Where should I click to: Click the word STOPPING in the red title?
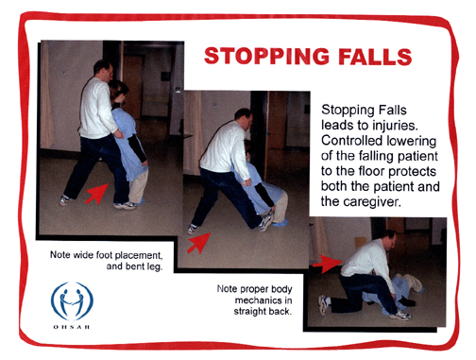266,56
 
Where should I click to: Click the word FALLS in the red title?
375,57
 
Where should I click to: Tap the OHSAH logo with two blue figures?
72,300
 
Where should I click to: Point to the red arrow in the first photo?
97,194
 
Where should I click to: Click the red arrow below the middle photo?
199,243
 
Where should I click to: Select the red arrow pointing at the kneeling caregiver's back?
328,264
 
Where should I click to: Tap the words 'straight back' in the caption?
263,312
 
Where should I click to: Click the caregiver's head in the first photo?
104,69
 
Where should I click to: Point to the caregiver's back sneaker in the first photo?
65,200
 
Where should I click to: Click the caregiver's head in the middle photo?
244,117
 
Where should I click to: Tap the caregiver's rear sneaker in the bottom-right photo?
324,304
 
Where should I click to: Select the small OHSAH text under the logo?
72,327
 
